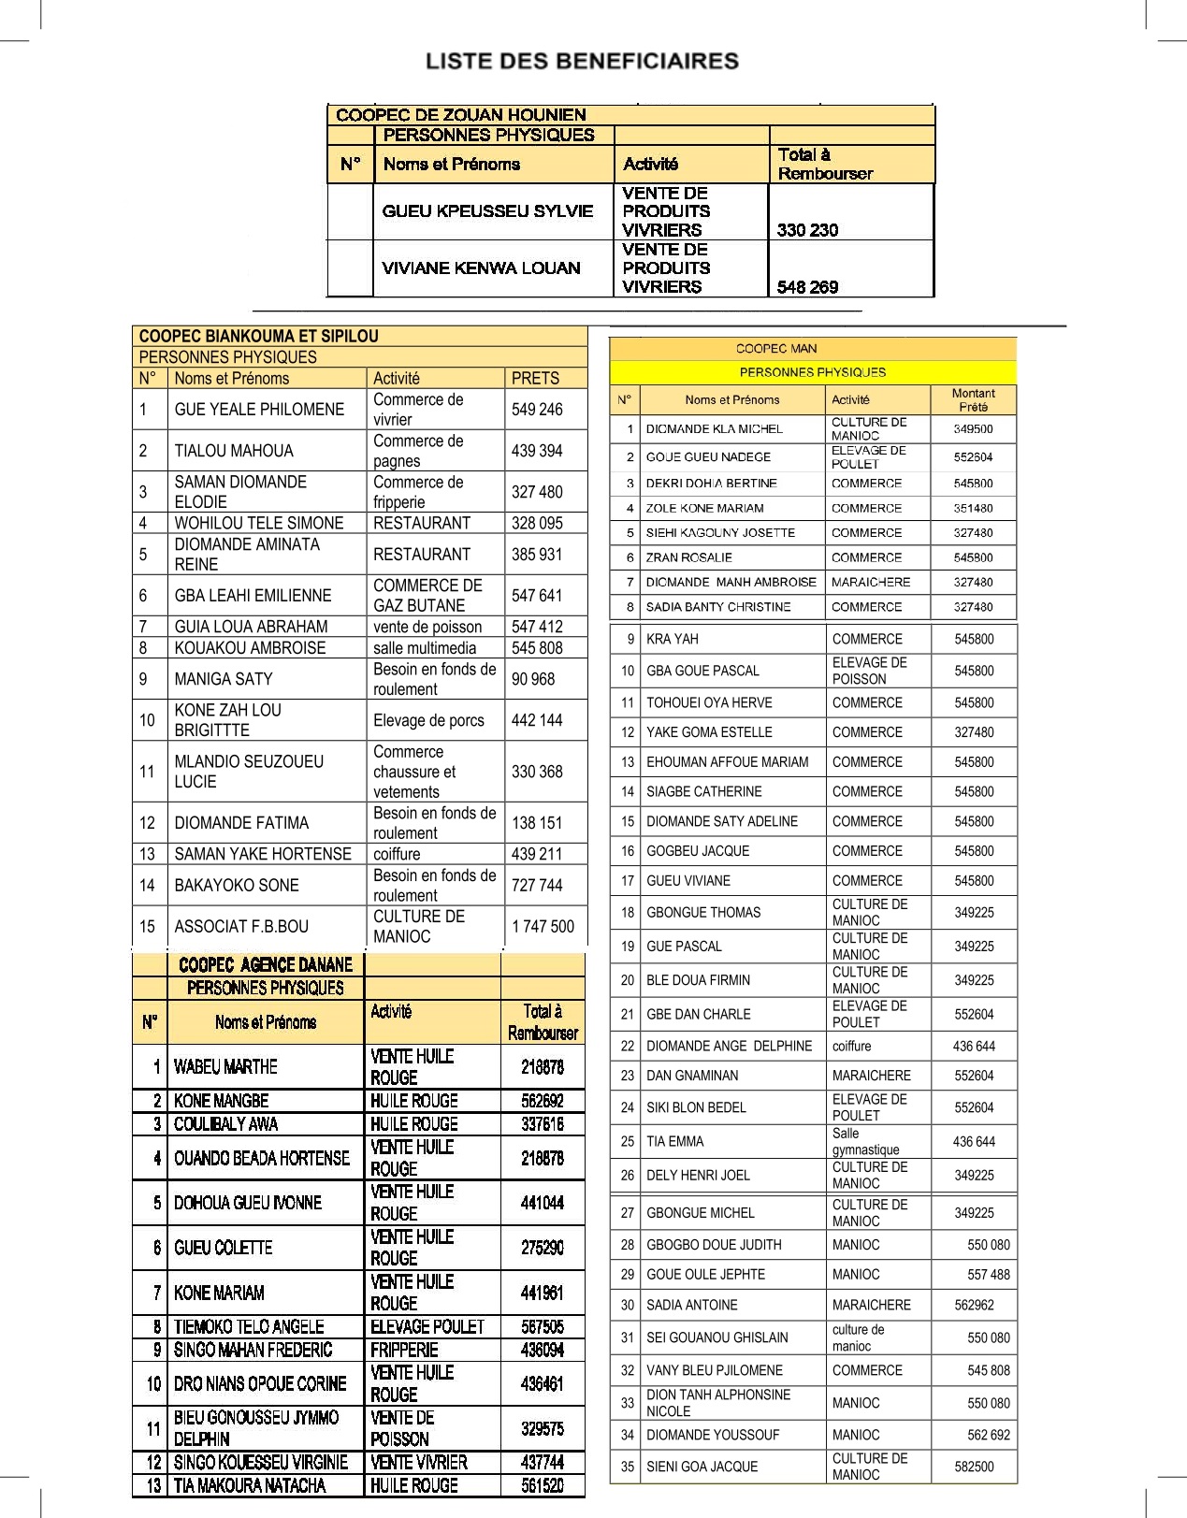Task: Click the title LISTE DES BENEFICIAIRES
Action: (x=582, y=62)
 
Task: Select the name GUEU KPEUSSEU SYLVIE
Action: (x=487, y=211)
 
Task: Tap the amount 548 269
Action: (x=807, y=287)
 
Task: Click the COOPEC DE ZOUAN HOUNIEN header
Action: (x=461, y=115)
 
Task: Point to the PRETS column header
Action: (x=535, y=379)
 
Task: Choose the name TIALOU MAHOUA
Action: (x=234, y=451)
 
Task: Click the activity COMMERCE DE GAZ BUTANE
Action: (x=427, y=596)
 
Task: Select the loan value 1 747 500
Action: (x=543, y=927)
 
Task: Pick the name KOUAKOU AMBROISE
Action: (x=250, y=648)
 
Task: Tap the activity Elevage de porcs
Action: (x=428, y=721)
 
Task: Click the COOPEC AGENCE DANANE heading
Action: (x=266, y=965)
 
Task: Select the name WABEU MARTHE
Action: (x=225, y=1067)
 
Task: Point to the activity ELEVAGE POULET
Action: (x=427, y=1327)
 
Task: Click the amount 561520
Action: (x=543, y=1486)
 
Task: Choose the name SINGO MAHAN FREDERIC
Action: (x=253, y=1351)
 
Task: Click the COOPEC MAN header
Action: (x=776, y=349)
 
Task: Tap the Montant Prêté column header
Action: (x=973, y=400)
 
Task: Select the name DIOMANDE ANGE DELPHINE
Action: (x=729, y=1047)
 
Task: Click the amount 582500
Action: (x=974, y=1467)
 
